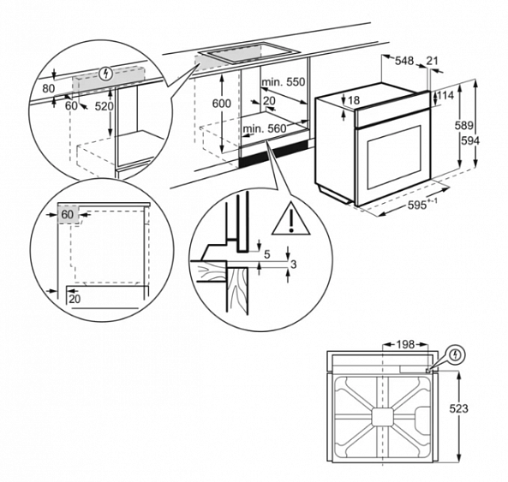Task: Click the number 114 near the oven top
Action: [445, 95]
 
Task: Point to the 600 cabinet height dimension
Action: [222, 102]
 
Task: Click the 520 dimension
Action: [104, 105]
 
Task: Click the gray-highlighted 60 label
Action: [69, 213]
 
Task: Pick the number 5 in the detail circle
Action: [266, 254]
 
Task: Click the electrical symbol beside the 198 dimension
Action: [455, 353]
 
